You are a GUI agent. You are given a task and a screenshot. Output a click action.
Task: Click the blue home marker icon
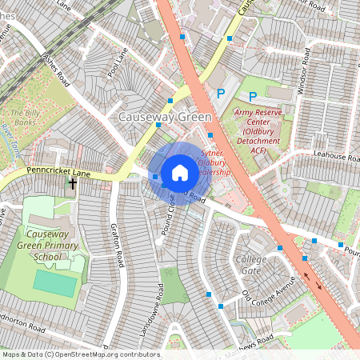[179, 173]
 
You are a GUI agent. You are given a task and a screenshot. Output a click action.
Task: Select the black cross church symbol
[72, 184]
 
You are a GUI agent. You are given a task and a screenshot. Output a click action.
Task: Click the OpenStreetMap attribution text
[81, 354]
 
